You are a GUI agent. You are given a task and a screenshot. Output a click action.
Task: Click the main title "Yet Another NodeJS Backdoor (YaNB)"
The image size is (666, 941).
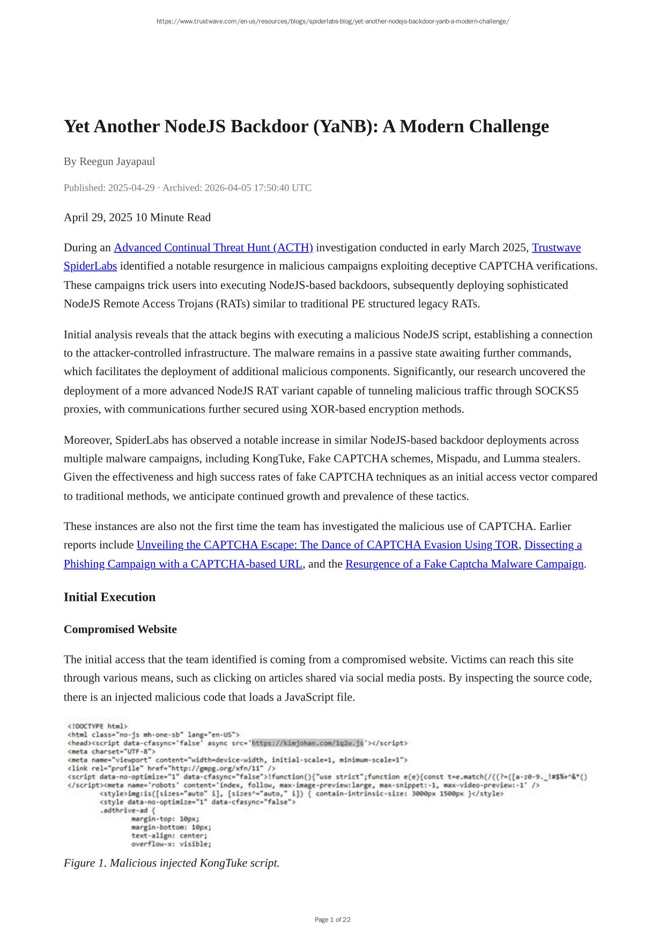coord(306,126)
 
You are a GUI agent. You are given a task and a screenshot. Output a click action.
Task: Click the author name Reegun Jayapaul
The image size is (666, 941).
coord(117,161)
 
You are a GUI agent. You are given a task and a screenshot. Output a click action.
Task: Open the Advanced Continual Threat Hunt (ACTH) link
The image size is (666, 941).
coord(213,248)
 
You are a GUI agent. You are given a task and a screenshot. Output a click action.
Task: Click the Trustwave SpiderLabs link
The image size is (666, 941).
coord(556,248)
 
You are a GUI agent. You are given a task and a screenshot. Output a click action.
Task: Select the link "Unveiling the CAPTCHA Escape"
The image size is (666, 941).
coord(327,545)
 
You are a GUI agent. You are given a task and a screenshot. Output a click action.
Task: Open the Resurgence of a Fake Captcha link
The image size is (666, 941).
coord(464,564)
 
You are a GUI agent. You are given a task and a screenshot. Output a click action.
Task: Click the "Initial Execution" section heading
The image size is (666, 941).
coord(109,597)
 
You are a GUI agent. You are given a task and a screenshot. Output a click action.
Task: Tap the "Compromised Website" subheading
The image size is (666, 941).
coord(120,629)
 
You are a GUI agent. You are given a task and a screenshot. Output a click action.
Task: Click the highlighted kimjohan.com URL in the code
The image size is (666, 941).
coord(307,743)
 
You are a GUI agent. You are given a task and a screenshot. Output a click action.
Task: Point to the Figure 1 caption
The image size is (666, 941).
coord(172,863)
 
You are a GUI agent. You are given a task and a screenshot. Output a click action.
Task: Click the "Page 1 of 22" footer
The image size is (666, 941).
coord(332,920)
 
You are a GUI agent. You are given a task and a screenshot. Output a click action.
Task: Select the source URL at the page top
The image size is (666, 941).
coord(332,21)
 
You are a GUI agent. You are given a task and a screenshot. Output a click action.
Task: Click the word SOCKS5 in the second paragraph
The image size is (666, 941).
coord(556,391)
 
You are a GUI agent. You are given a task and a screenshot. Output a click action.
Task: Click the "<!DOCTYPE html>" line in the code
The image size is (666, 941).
coord(98,726)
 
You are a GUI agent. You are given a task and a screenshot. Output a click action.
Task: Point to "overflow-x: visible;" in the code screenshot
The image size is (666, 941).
coord(171,844)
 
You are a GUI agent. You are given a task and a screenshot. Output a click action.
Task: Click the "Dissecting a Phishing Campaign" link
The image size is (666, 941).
coord(553,545)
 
